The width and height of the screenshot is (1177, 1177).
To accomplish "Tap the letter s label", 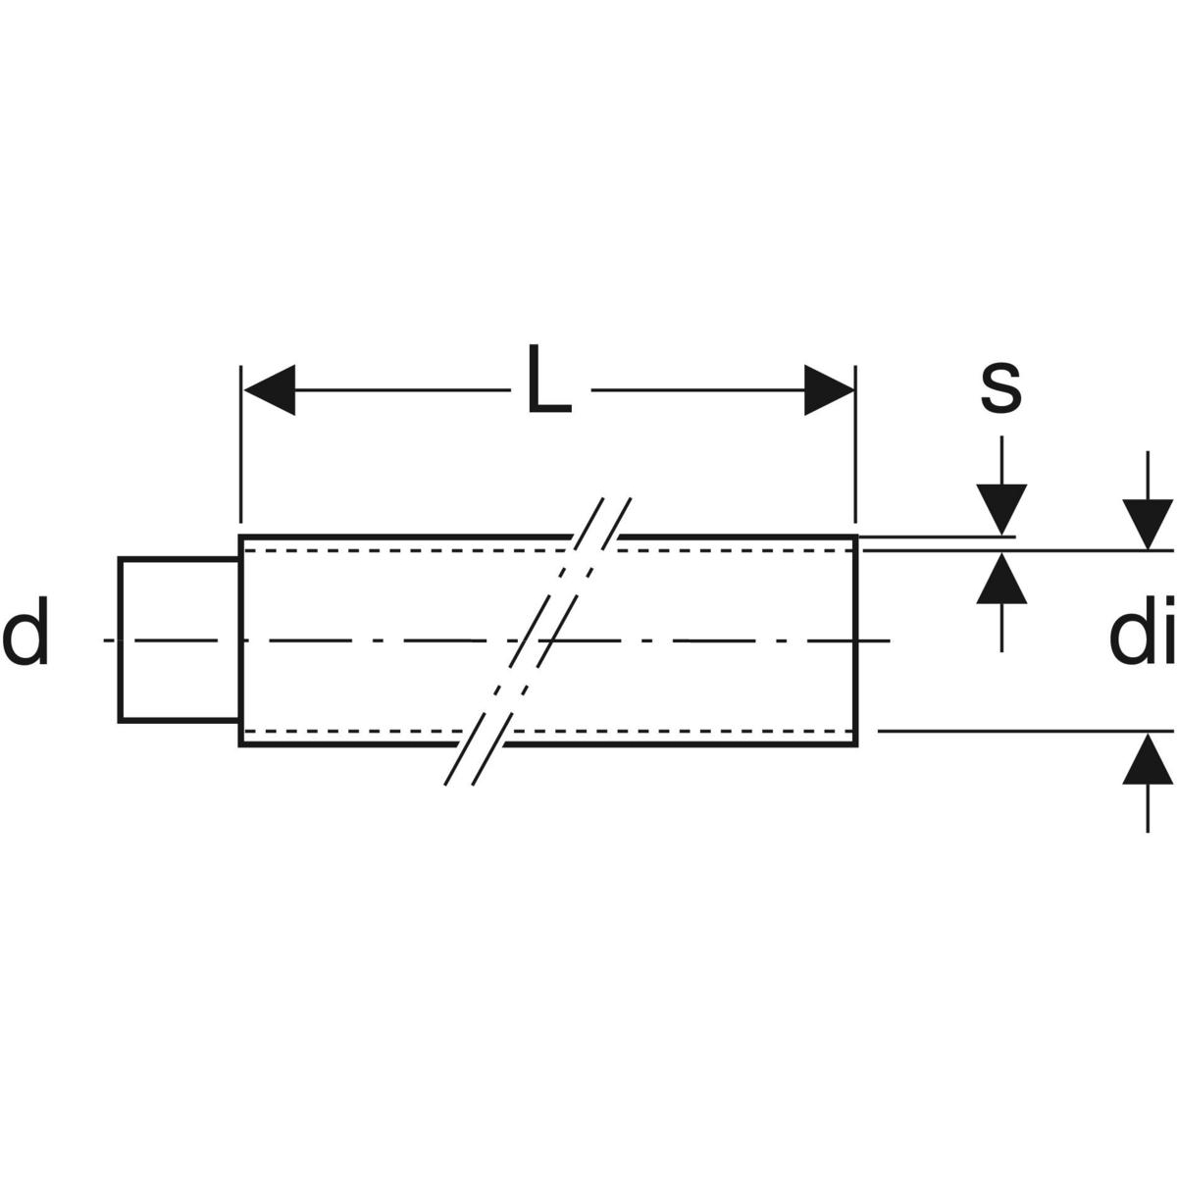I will (1000, 386).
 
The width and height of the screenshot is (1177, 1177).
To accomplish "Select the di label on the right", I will (1142, 638).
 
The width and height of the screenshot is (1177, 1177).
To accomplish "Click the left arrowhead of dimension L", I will (269, 390).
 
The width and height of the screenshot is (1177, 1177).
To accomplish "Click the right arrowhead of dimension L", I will (829, 390).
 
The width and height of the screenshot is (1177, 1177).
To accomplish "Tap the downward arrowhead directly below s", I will (1000, 510).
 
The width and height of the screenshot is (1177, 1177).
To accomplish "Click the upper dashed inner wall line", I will (392, 551).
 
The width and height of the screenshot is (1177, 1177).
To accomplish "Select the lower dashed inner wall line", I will (392, 731).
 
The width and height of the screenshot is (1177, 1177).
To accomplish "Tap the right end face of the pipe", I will (857, 640).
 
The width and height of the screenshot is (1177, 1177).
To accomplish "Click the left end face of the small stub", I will (120, 640).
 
